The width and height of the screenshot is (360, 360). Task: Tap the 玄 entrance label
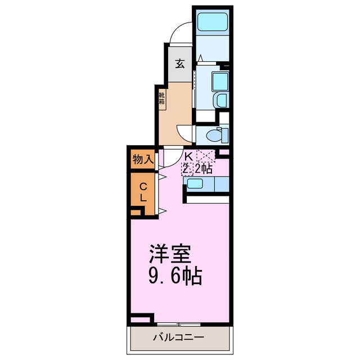pos(179,64)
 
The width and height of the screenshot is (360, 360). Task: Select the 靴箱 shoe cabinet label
pos(162,99)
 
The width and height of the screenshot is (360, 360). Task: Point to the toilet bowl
pos(214,135)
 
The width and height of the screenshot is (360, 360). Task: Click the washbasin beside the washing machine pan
pos(221,101)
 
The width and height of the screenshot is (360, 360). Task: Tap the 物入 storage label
pos(143,159)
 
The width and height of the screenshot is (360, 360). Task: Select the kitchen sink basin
pos(196,183)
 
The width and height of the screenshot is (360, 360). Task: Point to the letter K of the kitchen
pos(188,156)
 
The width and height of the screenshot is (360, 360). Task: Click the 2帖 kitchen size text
pos(204,167)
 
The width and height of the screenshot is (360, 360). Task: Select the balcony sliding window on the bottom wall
pos(179,325)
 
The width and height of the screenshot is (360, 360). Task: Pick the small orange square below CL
pos(135,213)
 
